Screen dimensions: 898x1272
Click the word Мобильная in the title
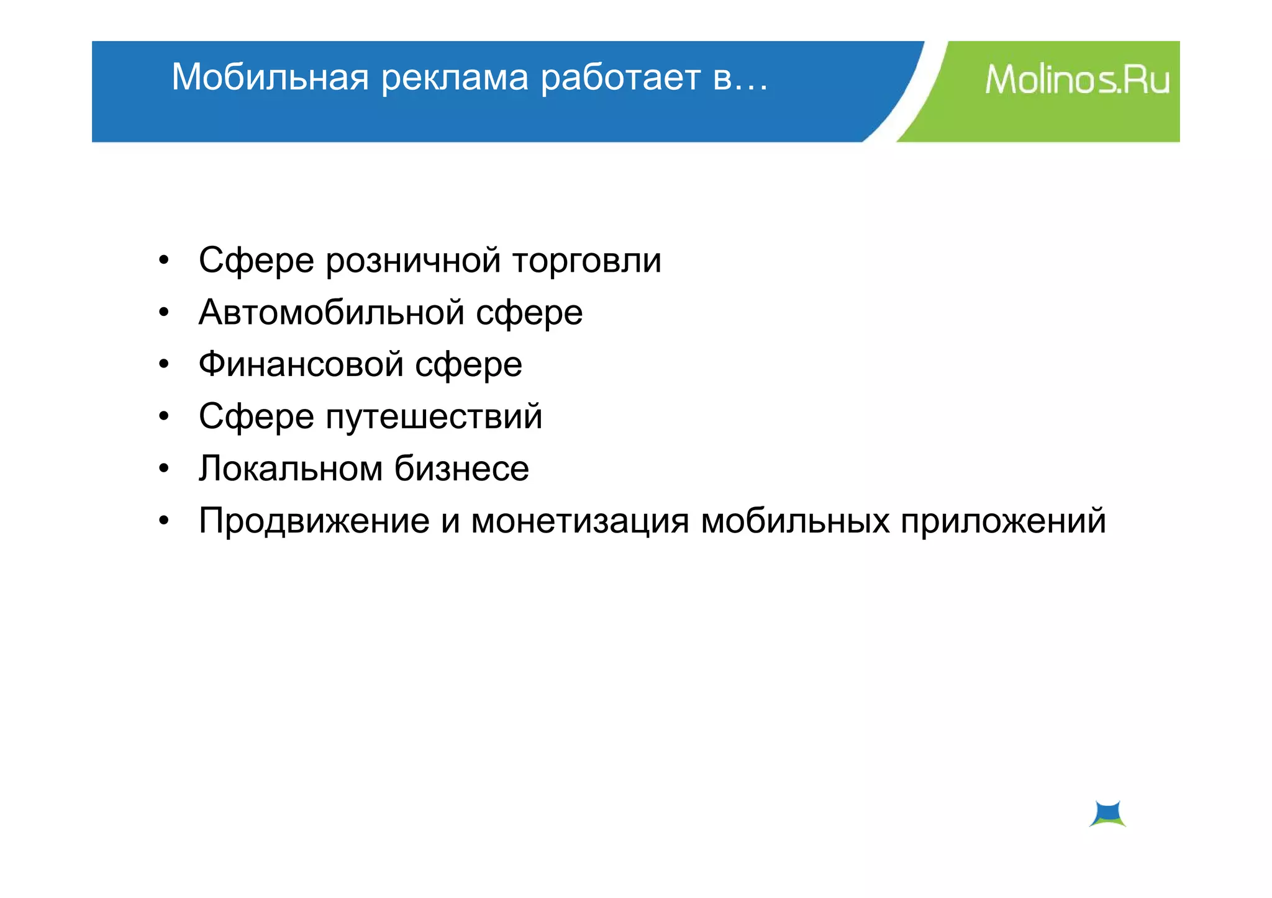coord(270,78)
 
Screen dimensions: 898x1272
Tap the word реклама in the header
coord(455,78)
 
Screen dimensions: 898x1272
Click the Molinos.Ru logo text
coord(1077,81)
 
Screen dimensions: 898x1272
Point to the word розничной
coord(413,261)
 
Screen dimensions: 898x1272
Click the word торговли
coord(587,261)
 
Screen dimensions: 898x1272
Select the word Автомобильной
coord(331,312)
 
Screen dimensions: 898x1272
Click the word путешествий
coord(434,416)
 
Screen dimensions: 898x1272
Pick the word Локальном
coord(290,468)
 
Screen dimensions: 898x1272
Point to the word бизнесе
coord(461,468)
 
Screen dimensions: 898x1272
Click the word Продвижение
coord(314,520)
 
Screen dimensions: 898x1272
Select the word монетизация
coord(580,520)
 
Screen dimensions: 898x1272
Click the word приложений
coord(1003,520)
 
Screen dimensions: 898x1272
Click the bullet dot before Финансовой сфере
coord(163,364)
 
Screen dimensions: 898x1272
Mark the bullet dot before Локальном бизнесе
coord(163,469)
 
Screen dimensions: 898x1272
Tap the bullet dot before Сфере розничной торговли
coord(163,261)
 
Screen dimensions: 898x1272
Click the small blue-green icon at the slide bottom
coord(1107,814)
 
